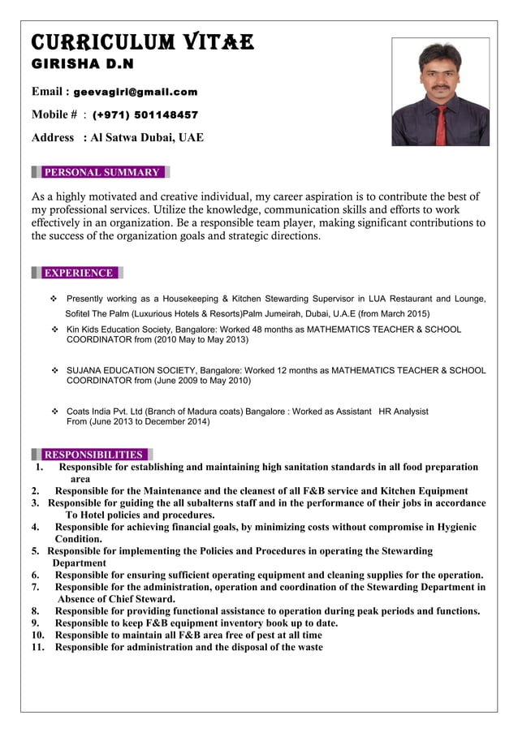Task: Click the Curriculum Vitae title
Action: pos(142,42)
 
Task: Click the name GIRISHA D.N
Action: pos(82,63)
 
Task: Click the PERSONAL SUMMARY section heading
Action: pos(101,172)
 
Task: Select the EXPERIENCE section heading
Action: pos(78,273)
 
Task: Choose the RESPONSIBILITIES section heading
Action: pos(93,455)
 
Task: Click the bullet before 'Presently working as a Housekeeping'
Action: pos(55,299)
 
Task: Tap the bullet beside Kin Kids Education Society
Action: pos(55,330)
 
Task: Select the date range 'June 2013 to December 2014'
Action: pos(149,422)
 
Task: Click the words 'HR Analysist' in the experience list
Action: pos(404,412)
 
